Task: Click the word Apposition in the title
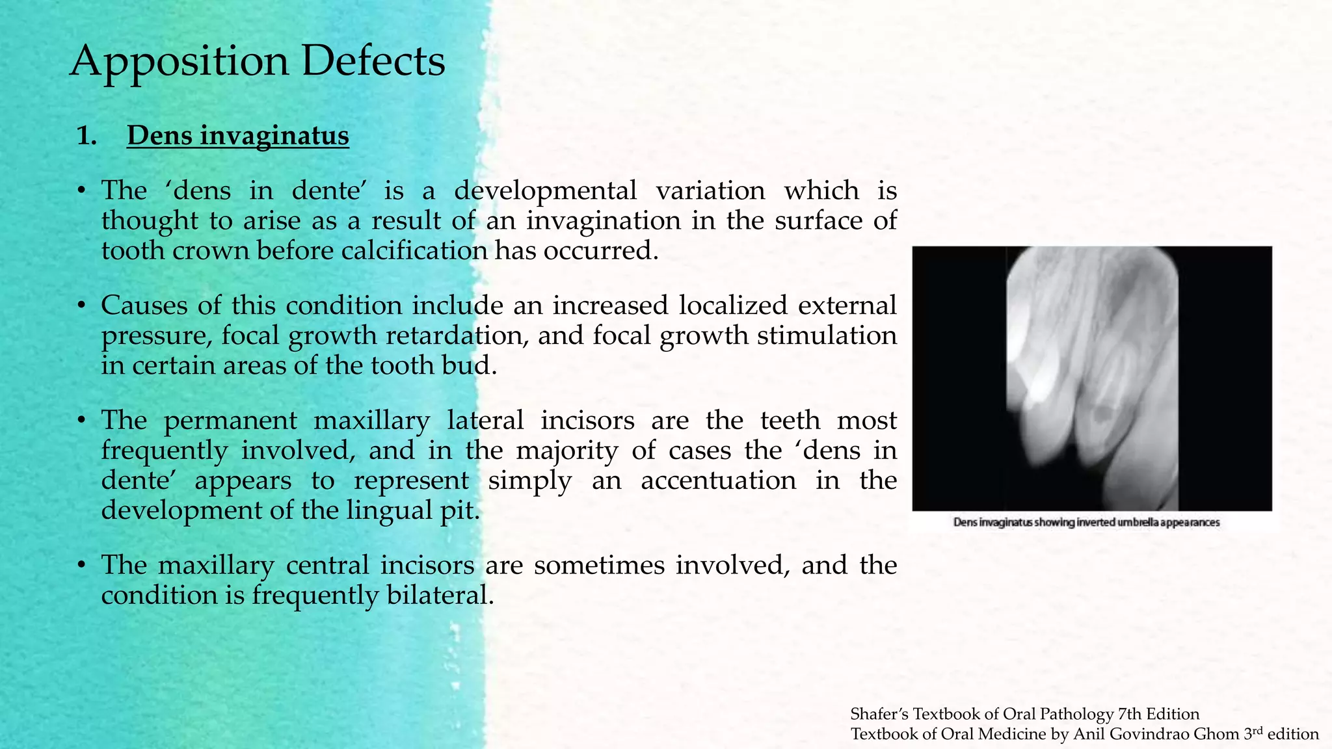(179, 62)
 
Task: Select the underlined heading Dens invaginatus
(237, 136)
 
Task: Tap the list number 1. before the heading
(86, 136)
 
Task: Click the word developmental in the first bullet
(545, 191)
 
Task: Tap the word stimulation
(827, 335)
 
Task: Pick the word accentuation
(718, 480)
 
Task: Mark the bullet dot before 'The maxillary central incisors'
(81, 566)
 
